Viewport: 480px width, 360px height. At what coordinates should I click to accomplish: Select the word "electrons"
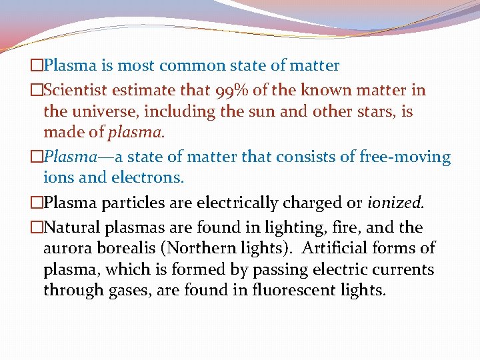pyautogui.click(x=149, y=179)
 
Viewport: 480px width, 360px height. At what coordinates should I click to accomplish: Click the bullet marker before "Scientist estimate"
pyautogui.click(x=37, y=90)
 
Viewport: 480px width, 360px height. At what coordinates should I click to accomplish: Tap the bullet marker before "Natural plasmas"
pyautogui.click(x=37, y=227)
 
